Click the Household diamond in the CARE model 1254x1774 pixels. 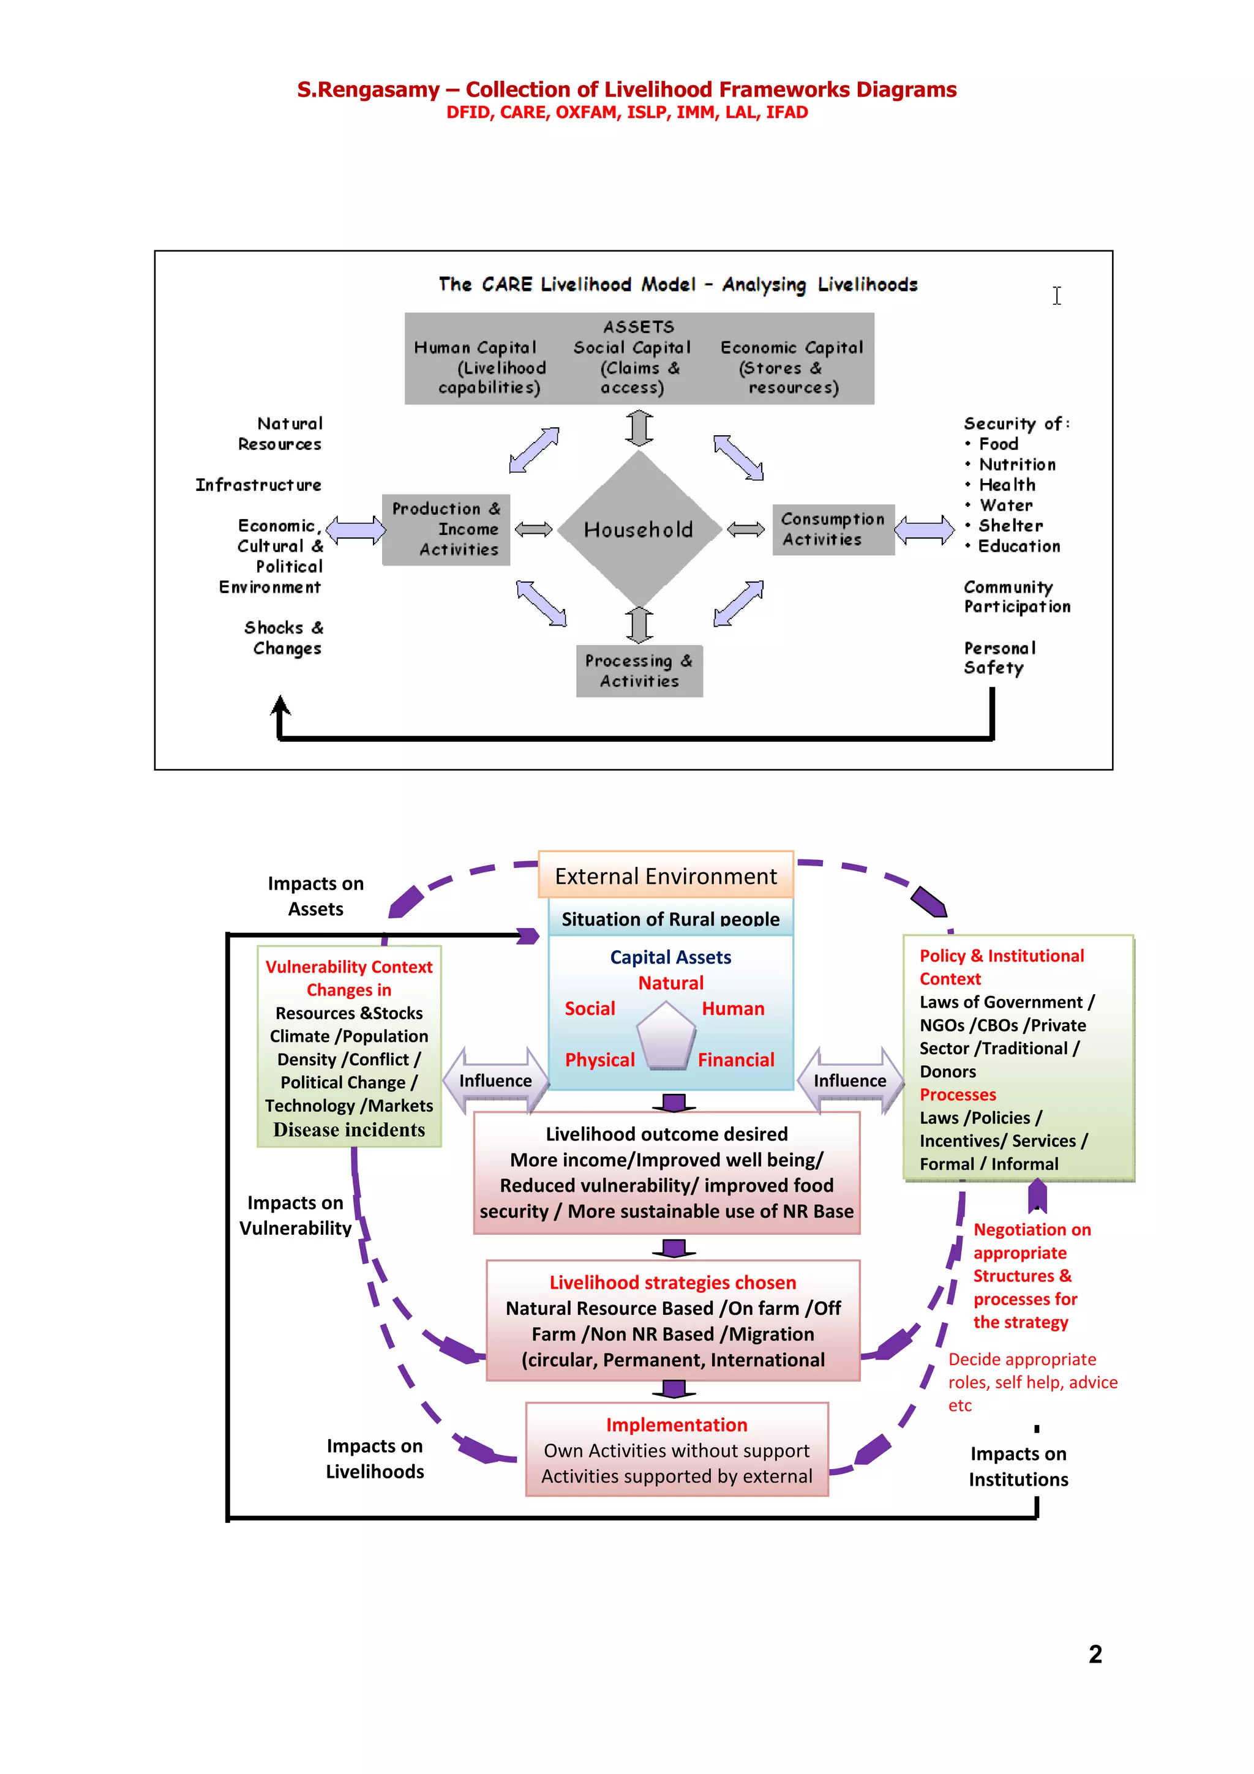click(638, 530)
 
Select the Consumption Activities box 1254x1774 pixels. click(833, 530)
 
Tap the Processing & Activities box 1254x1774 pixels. click(639, 671)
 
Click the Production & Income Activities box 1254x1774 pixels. click(446, 530)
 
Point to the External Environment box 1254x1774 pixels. click(665, 875)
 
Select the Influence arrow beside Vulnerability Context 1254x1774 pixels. click(495, 1080)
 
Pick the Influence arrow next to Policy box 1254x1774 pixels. click(850, 1080)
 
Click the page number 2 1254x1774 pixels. click(1095, 1653)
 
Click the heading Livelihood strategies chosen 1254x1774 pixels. click(672, 1282)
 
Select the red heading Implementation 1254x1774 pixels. click(676, 1424)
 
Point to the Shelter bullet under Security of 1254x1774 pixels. click(1010, 525)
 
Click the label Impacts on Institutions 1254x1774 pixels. click(1018, 1467)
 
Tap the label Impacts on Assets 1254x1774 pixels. click(315, 896)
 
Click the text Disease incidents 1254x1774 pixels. click(349, 1129)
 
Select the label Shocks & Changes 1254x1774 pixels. click(283, 637)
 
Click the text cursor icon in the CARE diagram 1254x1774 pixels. click(1056, 295)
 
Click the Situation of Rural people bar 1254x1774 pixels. click(670, 919)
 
